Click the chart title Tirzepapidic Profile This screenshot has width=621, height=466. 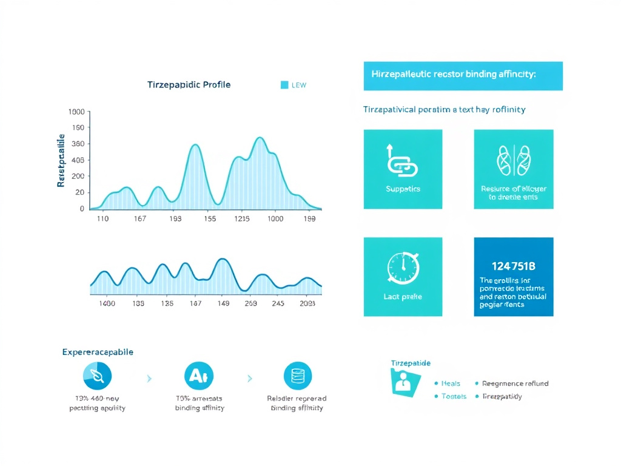click(189, 85)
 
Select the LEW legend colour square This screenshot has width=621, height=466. click(284, 85)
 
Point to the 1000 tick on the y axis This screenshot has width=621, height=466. click(77, 112)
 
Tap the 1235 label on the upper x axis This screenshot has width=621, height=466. click(243, 219)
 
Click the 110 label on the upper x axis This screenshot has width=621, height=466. click(102, 219)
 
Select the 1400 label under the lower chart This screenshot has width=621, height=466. click(107, 303)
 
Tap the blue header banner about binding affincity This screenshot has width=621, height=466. click(463, 75)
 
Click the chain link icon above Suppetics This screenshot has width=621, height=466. click(402, 161)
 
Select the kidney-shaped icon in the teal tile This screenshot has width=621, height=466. click(514, 160)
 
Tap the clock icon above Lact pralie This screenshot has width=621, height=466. click(402, 267)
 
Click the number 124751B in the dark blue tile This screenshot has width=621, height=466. click(513, 265)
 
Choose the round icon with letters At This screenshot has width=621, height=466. click(198, 376)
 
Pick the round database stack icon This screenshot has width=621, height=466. click(297, 376)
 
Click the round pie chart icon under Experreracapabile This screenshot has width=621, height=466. click(97, 376)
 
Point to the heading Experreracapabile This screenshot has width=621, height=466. click(98, 352)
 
